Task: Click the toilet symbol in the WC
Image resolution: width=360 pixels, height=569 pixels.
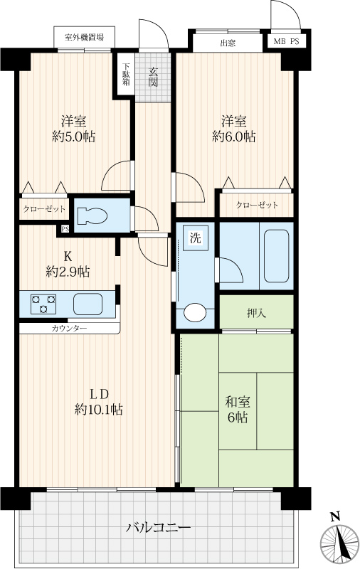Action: point(92,216)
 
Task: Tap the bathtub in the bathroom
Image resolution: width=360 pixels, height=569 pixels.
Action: point(276,255)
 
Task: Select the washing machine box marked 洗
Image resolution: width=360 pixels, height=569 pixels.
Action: point(195,238)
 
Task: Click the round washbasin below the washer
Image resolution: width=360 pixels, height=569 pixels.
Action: point(194,312)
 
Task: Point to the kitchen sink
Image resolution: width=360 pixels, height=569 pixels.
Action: point(88,304)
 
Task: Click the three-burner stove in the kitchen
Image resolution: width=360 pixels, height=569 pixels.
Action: point(43,304)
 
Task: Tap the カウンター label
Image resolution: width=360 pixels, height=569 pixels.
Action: point(69,329)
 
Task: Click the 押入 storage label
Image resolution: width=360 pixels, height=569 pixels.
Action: point(256,313)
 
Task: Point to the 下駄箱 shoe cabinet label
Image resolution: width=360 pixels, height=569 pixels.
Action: point(126,75)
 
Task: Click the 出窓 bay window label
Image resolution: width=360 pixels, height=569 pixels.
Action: point(228,43)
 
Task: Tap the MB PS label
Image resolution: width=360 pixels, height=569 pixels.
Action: point(286,42)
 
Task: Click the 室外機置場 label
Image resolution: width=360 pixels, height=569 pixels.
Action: point(84,37)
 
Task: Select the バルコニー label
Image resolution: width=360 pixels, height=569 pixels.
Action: point(158,527)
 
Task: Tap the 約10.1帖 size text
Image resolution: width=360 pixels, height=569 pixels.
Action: point(98,410)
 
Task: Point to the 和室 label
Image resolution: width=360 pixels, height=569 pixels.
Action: point(238,402)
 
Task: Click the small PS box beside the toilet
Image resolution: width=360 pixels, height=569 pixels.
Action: point(65,229)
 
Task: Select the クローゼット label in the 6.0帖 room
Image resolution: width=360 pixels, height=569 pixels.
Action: point(257,205)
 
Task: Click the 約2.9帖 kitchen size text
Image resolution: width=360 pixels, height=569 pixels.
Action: point(68,272)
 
